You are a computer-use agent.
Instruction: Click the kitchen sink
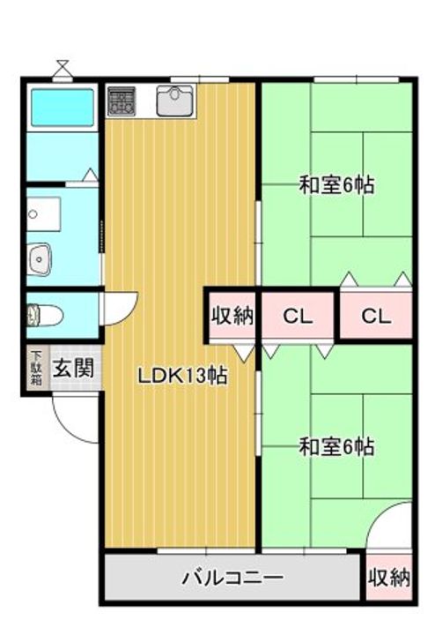pos(174,101)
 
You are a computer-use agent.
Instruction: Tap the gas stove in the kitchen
pos(122,101)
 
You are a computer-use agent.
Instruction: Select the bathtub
pos(63,108)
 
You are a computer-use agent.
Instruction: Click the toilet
pos(45,316)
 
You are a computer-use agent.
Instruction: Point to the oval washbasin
pos(40,259)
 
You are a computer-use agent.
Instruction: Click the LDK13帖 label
pos(182,376)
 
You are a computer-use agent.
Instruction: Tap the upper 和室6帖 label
pos(336,185)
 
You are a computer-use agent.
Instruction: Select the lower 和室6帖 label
pos(336,446)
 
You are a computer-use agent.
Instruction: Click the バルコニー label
pos(232,577)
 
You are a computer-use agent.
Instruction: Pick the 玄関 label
pos(74,368)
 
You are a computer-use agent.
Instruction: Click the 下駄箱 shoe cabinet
pos(37,368)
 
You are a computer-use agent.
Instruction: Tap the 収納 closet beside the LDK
pos(232,316)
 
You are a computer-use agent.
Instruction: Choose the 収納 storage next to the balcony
pos(389,577)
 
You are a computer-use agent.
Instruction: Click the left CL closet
pos(298,316)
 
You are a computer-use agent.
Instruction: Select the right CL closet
pos(376,316)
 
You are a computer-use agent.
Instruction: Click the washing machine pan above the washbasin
pos(44,213)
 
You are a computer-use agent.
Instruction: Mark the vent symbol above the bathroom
pos(63,70)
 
